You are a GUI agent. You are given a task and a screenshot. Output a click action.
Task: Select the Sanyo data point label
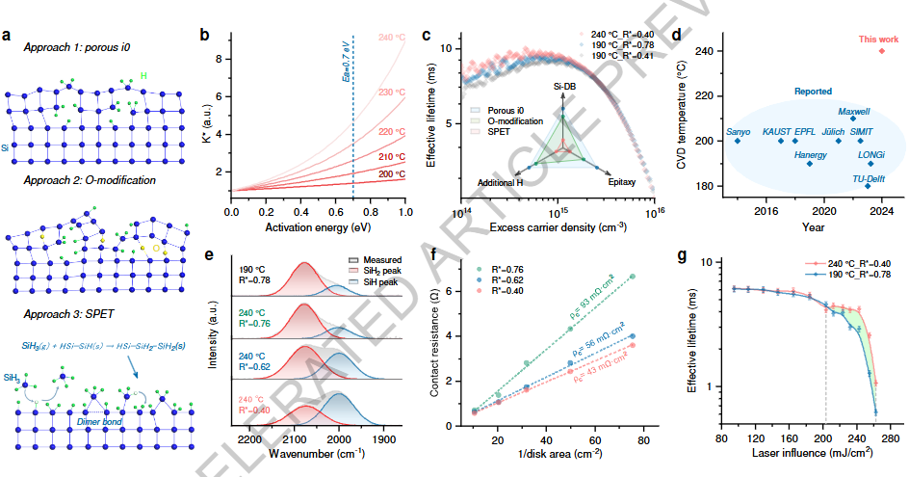738,130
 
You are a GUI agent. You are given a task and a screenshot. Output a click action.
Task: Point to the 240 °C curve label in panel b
390,38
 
